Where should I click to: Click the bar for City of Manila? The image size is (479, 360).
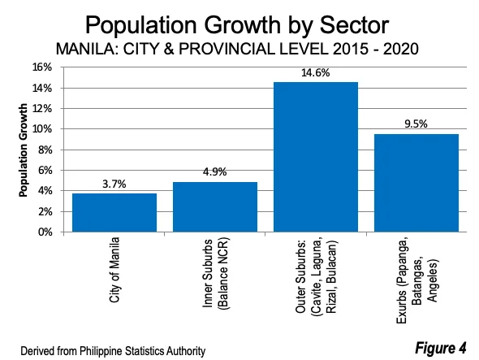click(x=114, y=213)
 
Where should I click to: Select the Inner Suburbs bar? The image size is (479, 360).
click(x=215, y=207)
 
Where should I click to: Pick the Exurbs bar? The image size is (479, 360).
click(x=416, y=183)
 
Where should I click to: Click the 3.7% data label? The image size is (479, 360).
click(x=114, y=184)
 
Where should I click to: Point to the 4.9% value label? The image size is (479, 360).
click(x=215, y=172)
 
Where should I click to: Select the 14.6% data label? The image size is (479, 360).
click(x=316, y=72)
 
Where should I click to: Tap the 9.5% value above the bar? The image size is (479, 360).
click(x=416, y=124)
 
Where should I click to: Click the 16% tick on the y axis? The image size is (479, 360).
click(x=50, y=67)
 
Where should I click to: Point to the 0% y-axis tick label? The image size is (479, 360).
click(x=52, y=232)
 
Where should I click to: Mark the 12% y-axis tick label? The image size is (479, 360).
click(x=50, y=109)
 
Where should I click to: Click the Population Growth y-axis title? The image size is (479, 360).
click(x=24, y=150)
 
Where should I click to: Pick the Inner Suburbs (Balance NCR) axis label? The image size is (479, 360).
click(x=215, y=276)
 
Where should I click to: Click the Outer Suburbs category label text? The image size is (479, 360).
click(x=316, y=276)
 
